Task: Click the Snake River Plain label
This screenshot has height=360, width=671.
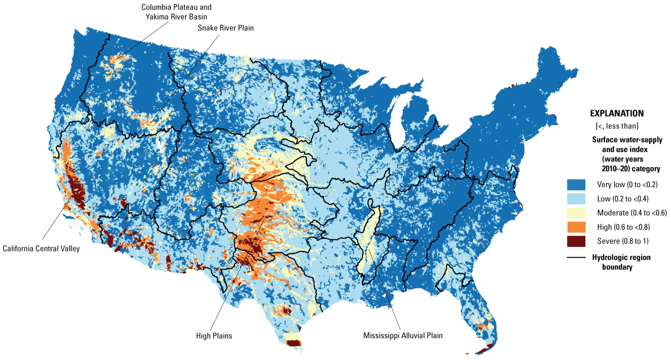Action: (x=225, y=28)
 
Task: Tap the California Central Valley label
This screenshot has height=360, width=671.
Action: (x=40, y=249)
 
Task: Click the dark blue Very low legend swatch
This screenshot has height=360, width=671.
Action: (x=576, y=185)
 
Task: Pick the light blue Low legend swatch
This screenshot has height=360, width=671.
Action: (x=576, y=199)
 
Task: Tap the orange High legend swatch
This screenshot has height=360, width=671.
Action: (x=576, y=227)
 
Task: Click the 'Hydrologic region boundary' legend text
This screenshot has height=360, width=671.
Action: (x=626, y=262)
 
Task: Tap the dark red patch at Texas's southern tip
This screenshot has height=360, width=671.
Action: (x=294, y=343)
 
